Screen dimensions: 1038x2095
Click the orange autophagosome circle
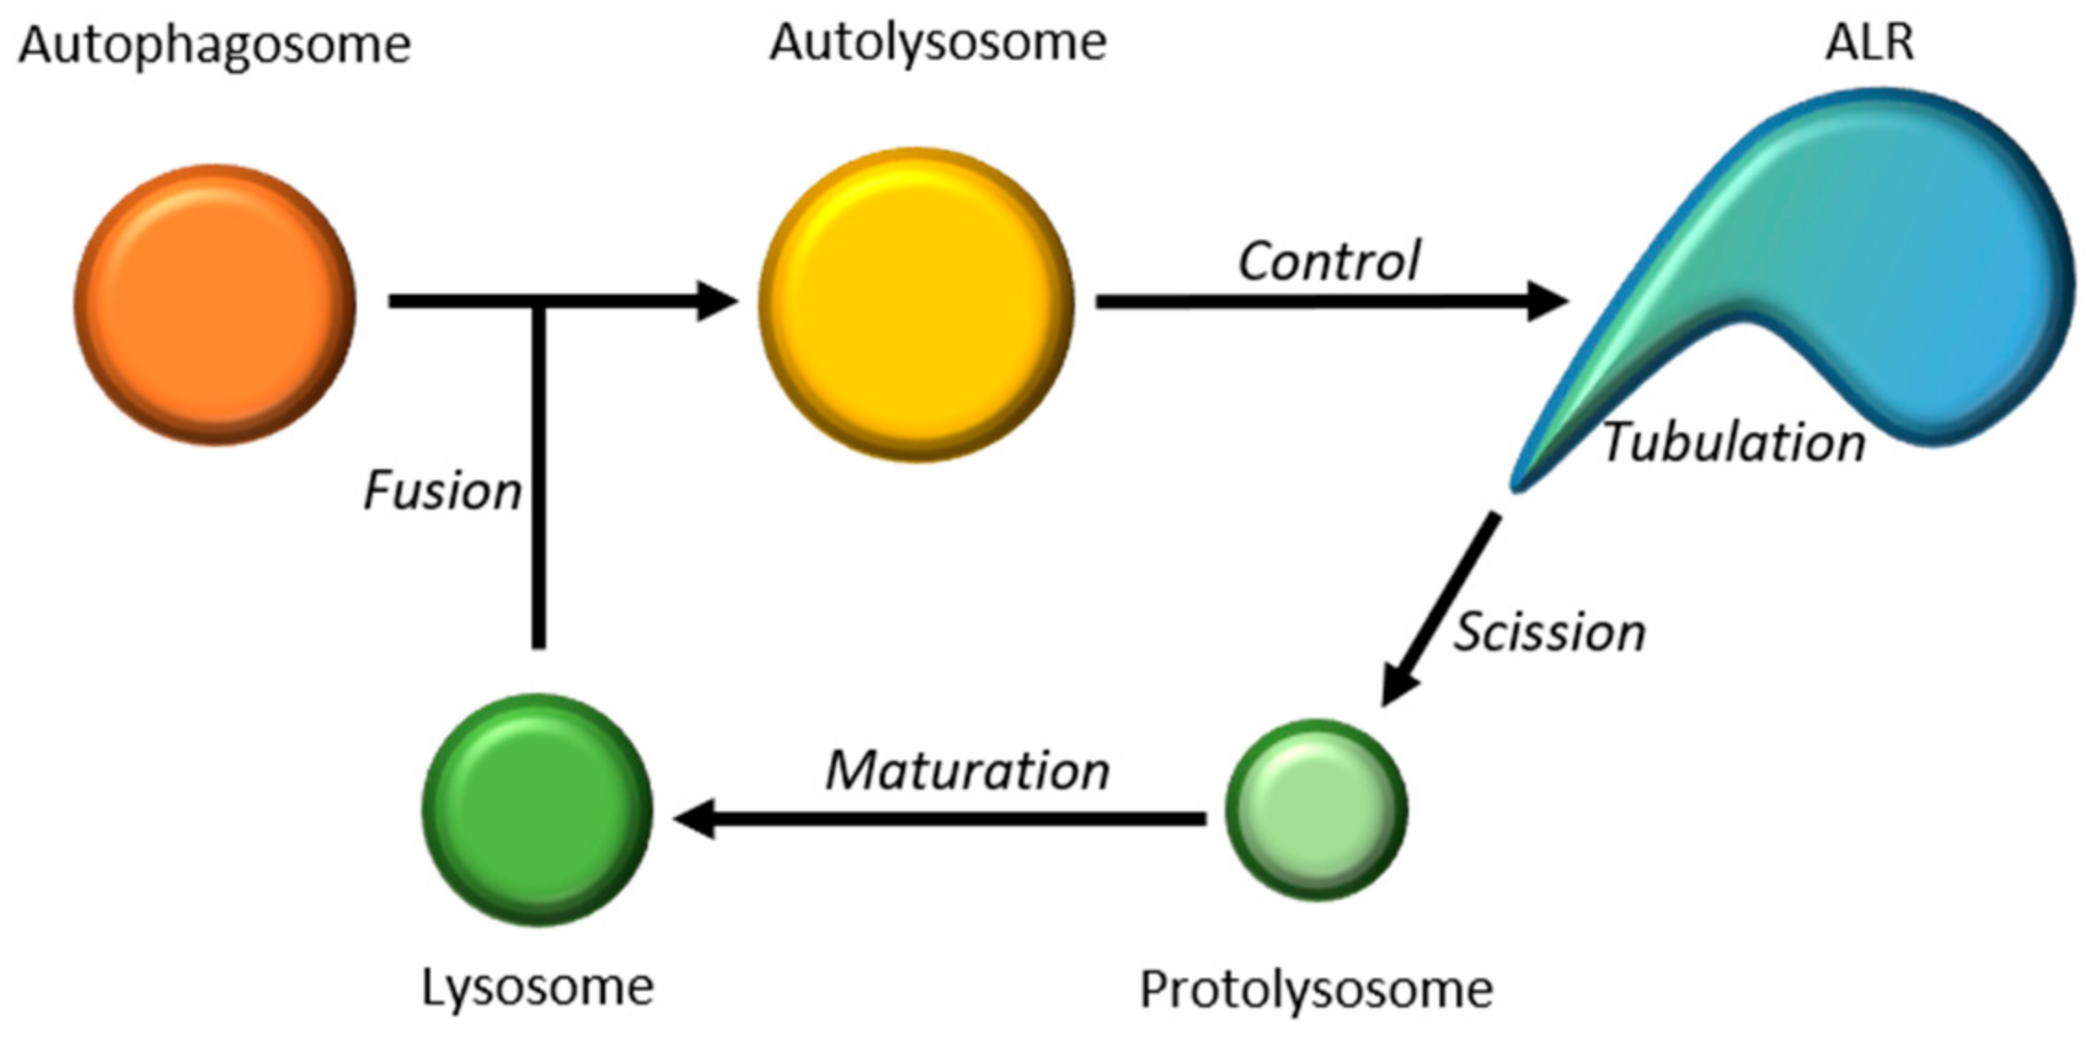pyautogui.click(x=215, y=304)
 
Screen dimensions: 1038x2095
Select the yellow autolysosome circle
pyautogui.click(x=916, y=304)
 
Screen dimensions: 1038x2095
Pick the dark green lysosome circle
pyautogui.click(x=537, y=809)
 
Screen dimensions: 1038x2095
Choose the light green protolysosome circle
pyautogui.click(x=1316, y=810)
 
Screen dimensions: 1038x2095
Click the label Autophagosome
pyautogui.click(x=215, y=44)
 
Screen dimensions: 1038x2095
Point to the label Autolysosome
pyautogui.click(x=938, y=42)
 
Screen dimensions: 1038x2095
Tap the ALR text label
pyautogui.click(x=1869, y=42)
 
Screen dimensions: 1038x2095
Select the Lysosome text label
pyautogui.click(x=537, y=986)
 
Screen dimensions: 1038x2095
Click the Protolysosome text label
pyautogui.click(x=1316, y=989)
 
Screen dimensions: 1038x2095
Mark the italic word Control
pyautogui.click(x=1329, y=261)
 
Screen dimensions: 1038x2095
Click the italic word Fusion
pyautogui.click(x=442, y=490)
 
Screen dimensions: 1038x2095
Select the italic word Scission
pyautogui.click(x=1549, y=633)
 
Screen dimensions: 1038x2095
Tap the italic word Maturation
pyautogui.click(x=967, y=771)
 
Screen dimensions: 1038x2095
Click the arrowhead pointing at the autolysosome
pyautogui.click(x=716, y=301)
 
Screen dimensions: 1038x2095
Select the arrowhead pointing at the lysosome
pyautogui.click(x=696, y=819)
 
